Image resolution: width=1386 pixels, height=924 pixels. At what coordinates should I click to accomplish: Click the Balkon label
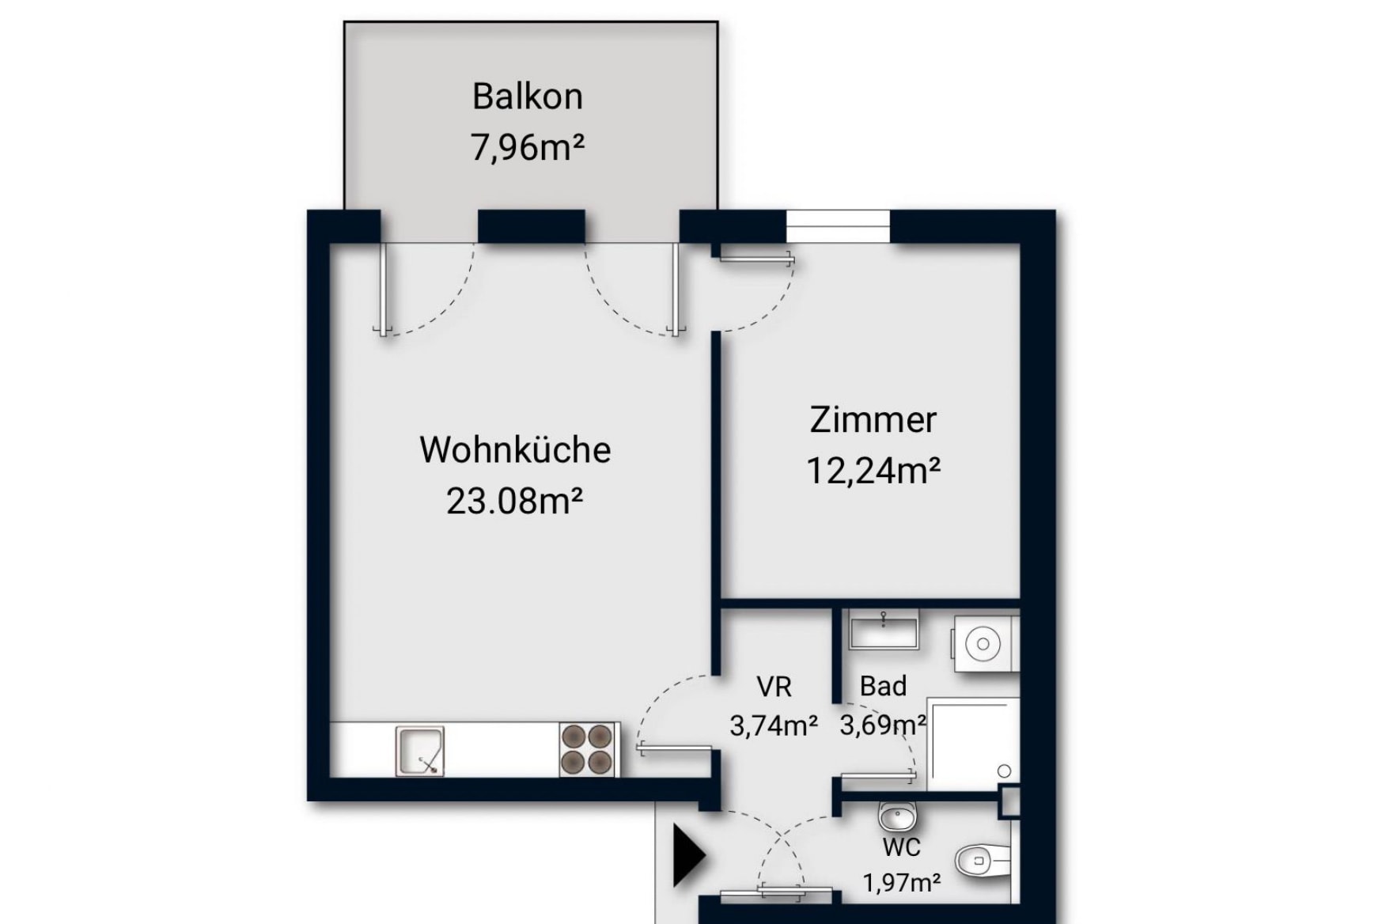528,97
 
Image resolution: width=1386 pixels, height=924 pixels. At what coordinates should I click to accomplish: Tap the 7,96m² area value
528,147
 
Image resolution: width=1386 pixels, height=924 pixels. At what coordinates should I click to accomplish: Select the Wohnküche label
515,449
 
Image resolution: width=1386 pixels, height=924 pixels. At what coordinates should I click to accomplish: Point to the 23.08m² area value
515,501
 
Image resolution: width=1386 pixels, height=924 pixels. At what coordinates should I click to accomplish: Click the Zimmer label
873,419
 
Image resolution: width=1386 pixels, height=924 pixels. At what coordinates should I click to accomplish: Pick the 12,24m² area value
873,471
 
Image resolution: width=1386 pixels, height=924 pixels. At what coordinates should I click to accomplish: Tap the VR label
774,687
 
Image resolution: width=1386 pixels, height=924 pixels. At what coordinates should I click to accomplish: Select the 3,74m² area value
773,725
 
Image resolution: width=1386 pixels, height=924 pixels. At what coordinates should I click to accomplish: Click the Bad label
883,686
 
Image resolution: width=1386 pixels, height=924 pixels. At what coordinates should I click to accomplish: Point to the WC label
901,847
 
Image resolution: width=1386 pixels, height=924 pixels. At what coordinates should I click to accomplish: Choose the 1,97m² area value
901,882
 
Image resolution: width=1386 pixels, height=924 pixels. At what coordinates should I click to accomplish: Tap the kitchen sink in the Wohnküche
420,750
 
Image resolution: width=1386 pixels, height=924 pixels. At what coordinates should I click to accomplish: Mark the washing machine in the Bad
984,644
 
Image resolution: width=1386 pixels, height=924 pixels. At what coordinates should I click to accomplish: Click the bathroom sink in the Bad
883,631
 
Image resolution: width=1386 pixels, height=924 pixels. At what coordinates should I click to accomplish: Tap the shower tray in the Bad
972,744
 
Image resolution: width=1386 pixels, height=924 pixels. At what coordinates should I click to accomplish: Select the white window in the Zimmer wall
838,226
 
